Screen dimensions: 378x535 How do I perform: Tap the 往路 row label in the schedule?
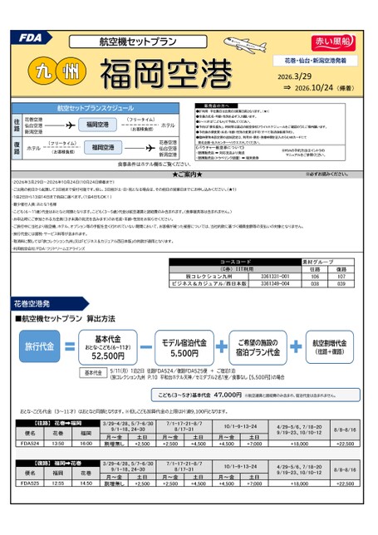point(17,124)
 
